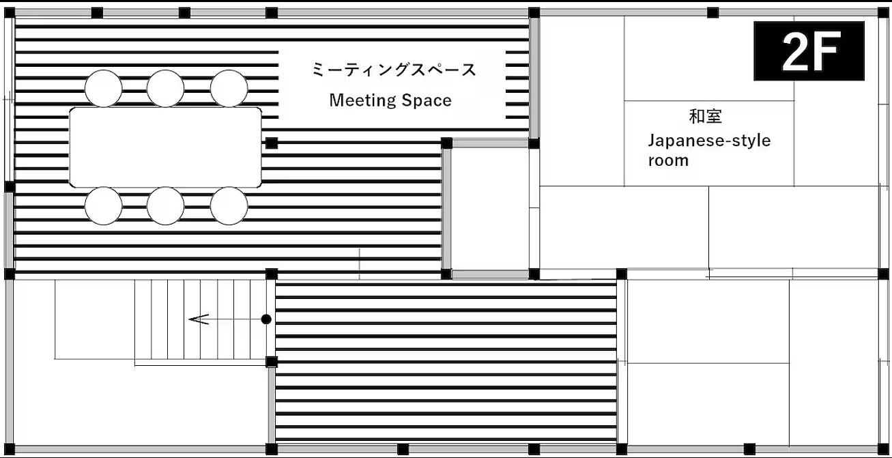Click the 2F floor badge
809,51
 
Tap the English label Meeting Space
390,100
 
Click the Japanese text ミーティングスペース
394,70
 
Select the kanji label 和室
705,116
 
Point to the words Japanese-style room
708,150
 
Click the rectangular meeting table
166,147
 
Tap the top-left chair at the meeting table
104,89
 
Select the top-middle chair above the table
165,89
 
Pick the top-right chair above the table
229,89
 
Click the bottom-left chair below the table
104,205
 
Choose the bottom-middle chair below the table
165,205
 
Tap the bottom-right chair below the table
229,205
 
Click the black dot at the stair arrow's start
266,319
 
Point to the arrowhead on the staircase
199,319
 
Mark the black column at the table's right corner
272,143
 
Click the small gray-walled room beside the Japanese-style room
490,208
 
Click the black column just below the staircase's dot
272,362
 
